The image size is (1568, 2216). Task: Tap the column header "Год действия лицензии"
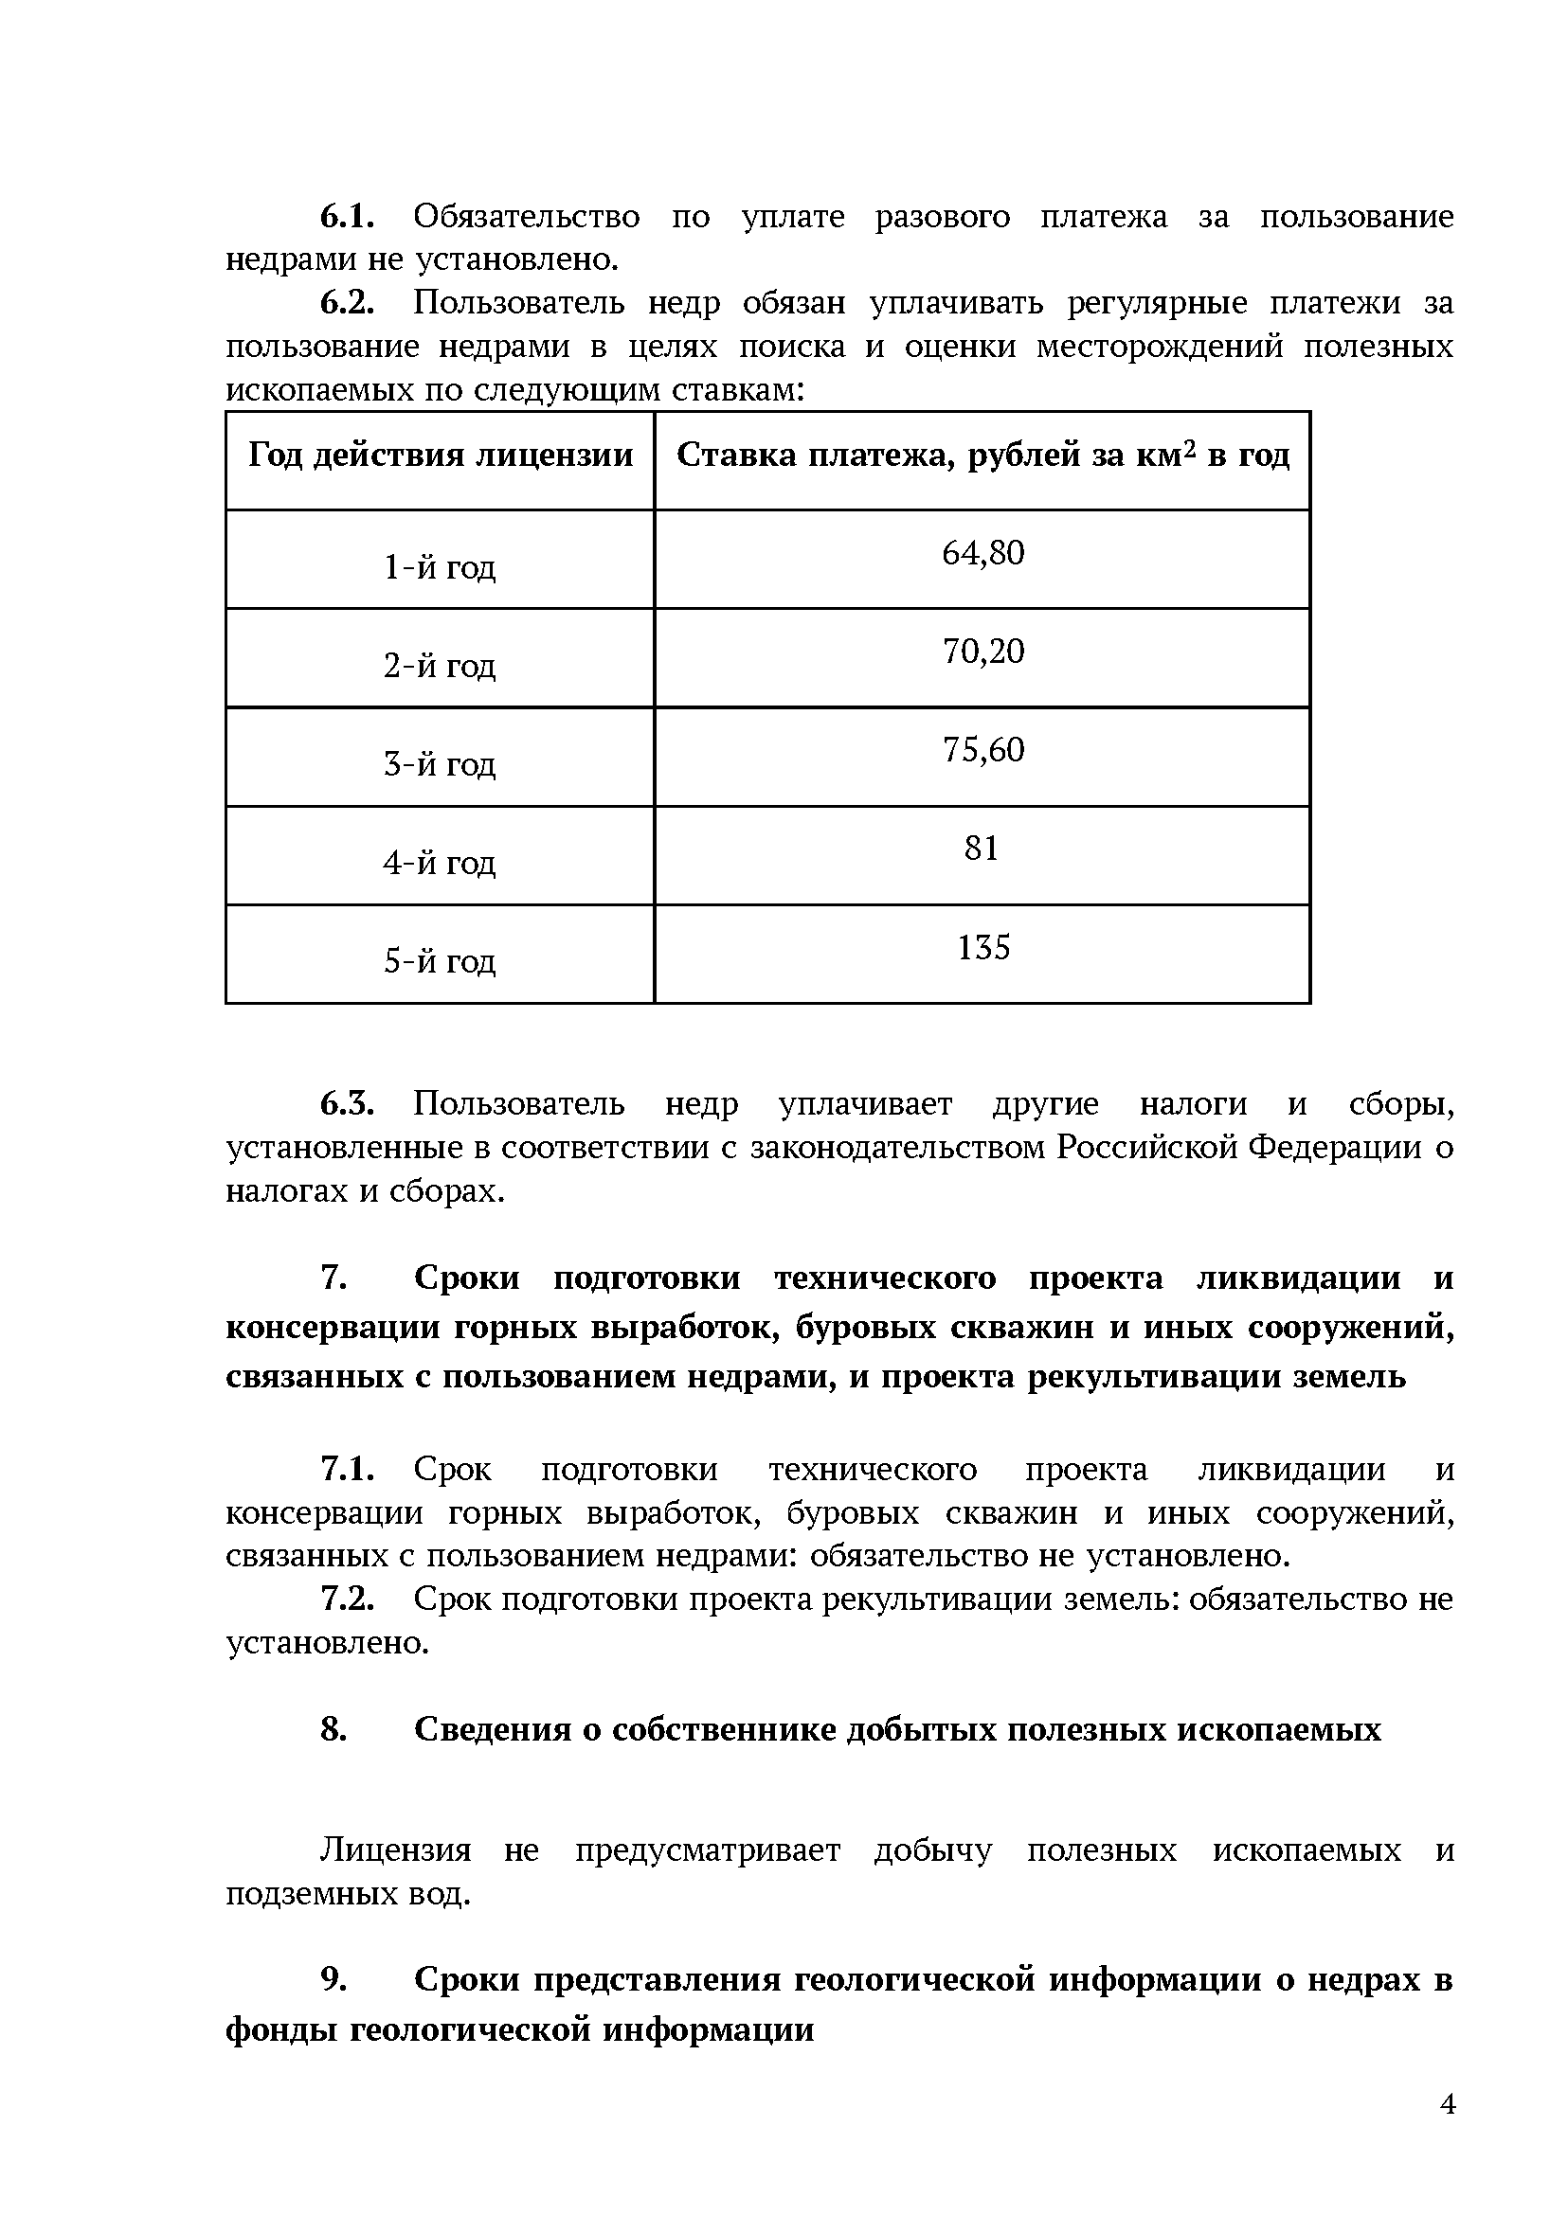(441, 455)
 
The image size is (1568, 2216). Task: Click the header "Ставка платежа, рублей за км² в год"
(982, 455)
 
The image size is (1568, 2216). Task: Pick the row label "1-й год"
(440, 566)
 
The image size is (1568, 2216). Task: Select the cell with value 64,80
(982, 553)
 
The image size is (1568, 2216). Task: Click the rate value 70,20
(982, 652)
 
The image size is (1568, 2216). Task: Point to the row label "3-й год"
(440, 763)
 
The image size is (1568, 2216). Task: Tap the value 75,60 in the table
(982, 750)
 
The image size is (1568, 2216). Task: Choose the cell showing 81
(981, 849)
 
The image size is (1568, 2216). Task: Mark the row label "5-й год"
(440, 960)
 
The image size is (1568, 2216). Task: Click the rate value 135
(982, 947)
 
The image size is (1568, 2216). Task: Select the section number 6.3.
(347, 1103)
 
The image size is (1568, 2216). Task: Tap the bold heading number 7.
(333, 1278)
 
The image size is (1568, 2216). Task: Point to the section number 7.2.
(347, 1599)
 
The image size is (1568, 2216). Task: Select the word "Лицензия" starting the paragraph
(396, 1850)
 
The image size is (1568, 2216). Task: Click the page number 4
(1448, 2104)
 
